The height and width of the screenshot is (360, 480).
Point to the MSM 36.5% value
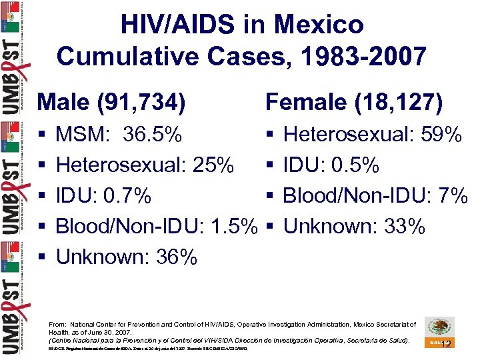point(152,135)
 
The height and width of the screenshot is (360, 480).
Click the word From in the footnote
point(59,324)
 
